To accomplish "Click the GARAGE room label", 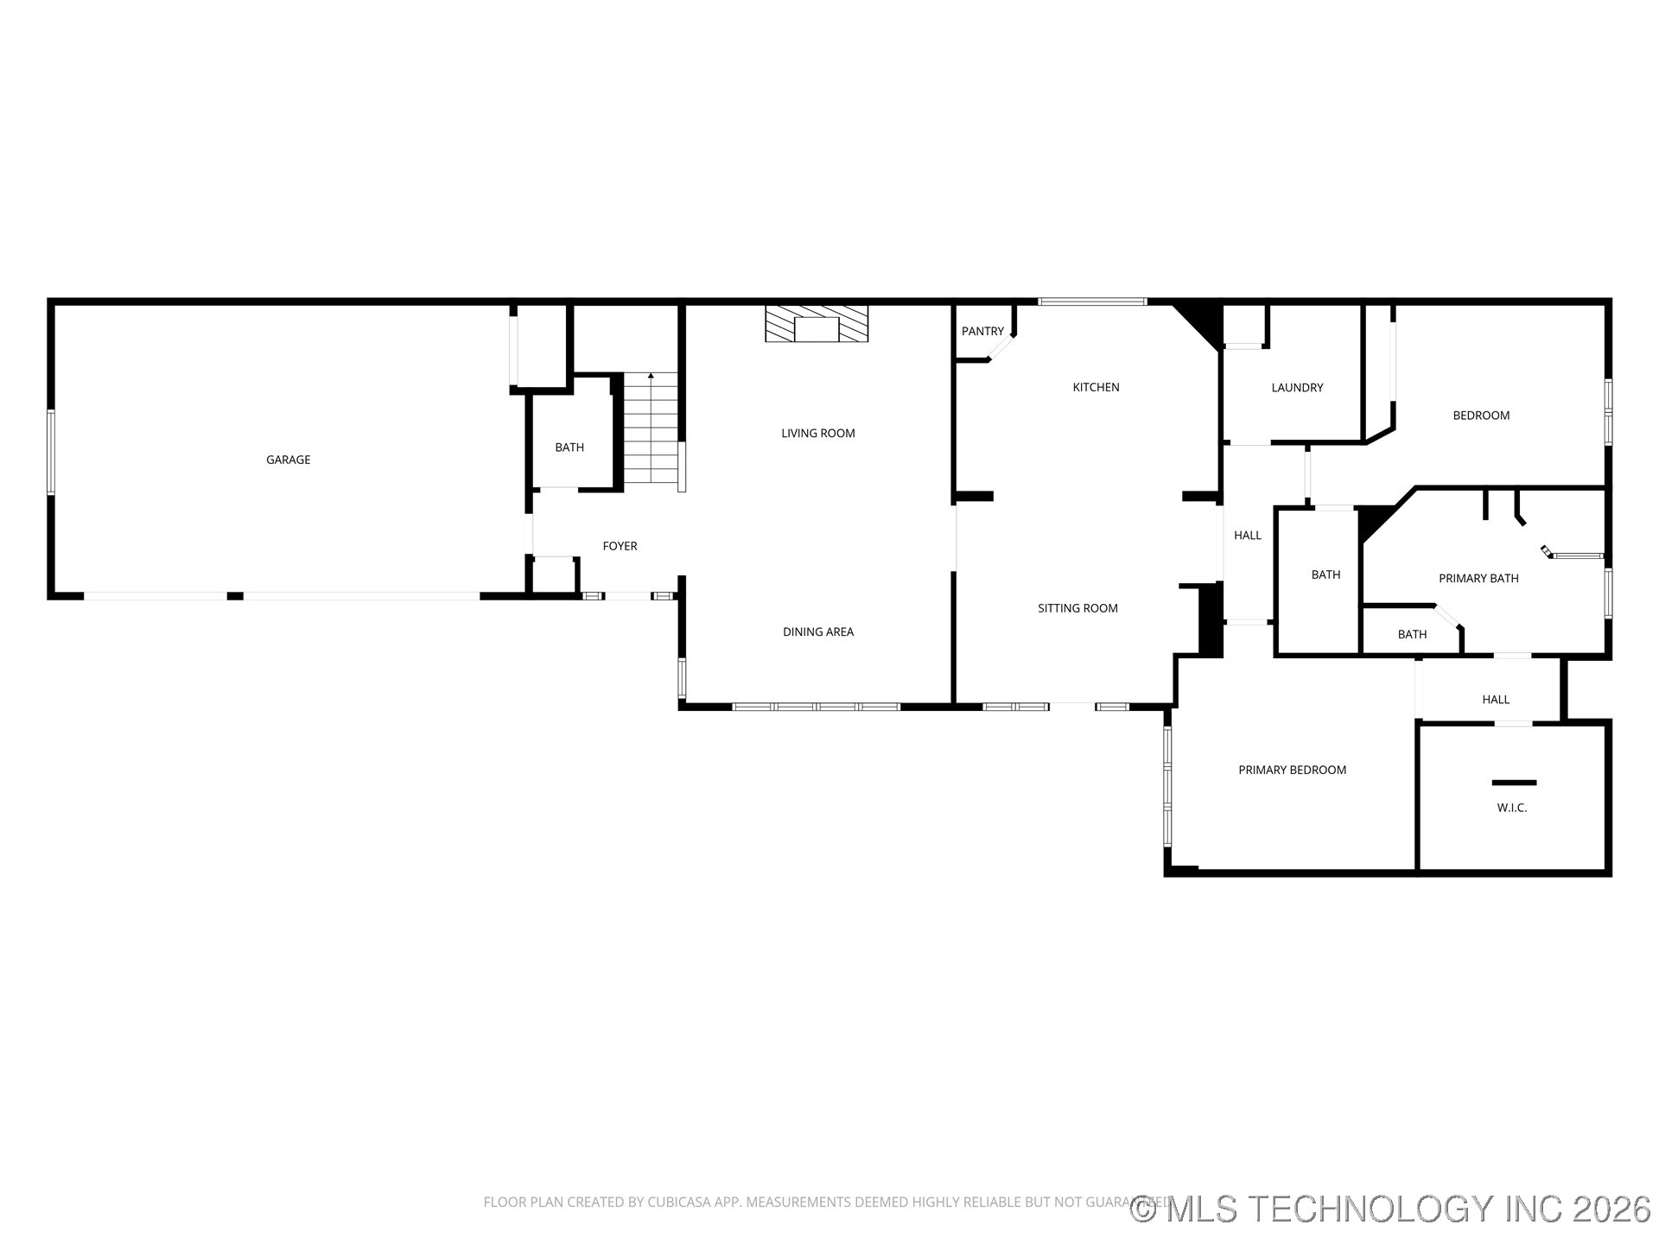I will point(288,460).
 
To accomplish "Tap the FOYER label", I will point(620,546).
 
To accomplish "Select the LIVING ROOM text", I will point(817,434).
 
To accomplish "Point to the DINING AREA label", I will point(817,632).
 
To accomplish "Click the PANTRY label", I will point(982,332).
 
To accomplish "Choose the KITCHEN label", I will point(1096,388).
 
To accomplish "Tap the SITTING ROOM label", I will point(1077,608).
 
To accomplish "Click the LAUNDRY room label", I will point(1296,388).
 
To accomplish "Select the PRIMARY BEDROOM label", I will point(1292,771).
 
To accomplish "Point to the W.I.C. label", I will point(1511,808).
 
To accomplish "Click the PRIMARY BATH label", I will point(1478,579).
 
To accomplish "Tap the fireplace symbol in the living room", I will point(817,324).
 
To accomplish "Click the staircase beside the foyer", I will point(650,432).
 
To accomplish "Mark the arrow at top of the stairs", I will point(651,377).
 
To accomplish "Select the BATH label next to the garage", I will point(569,447).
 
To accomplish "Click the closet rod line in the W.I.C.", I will point(1514,783).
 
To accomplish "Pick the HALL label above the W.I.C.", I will point(1495,700).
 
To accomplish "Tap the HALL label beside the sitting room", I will point(1247,536).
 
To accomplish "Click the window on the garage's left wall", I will point(51,452).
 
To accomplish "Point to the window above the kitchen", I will point(1092,301).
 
